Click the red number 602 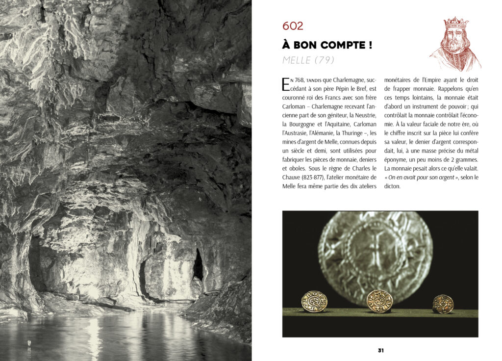(293, 26)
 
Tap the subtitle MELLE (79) (308, 60)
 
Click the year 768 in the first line (300, 80)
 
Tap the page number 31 (380, 350)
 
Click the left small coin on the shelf (314, 301)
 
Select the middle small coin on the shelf (379, 301)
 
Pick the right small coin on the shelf (443, 304)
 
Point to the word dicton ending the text (392, 186)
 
